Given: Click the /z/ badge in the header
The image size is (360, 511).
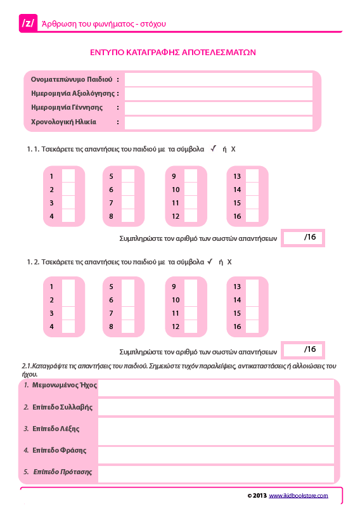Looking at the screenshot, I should point(29,23).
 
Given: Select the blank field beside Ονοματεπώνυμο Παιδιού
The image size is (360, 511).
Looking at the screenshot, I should point(218,79).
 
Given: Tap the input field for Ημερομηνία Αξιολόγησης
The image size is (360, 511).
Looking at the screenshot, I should point(218,94).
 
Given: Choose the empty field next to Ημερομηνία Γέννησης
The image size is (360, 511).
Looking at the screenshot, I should point(218,108).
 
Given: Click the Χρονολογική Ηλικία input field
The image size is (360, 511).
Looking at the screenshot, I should point(218,122).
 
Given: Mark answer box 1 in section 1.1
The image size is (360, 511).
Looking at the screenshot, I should point(68,176).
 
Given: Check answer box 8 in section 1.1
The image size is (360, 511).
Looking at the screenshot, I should point(128,216).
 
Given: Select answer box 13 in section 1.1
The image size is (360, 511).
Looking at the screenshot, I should point(252,176).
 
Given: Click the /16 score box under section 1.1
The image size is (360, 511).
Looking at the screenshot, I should point(302,237).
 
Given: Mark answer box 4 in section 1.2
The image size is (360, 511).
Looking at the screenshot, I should point(68,327).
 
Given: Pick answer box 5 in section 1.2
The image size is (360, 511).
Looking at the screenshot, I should point(128,287).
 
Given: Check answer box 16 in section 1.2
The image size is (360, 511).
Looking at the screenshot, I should point(252,327).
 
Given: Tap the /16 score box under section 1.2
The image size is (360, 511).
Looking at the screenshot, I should point(302,349).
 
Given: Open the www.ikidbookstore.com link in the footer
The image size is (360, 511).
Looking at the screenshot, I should point(299,495).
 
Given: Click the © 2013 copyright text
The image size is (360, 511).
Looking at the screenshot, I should point(257,495).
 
